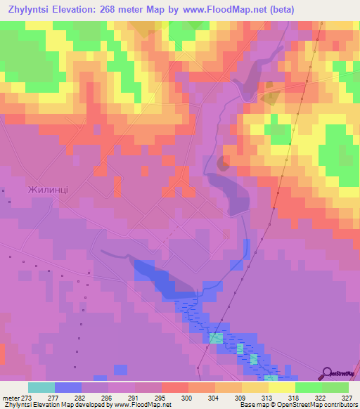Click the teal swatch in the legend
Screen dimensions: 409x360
41,387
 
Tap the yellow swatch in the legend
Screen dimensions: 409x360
281,387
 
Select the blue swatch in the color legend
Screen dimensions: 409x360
67,387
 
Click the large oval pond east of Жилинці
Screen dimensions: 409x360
228,193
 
